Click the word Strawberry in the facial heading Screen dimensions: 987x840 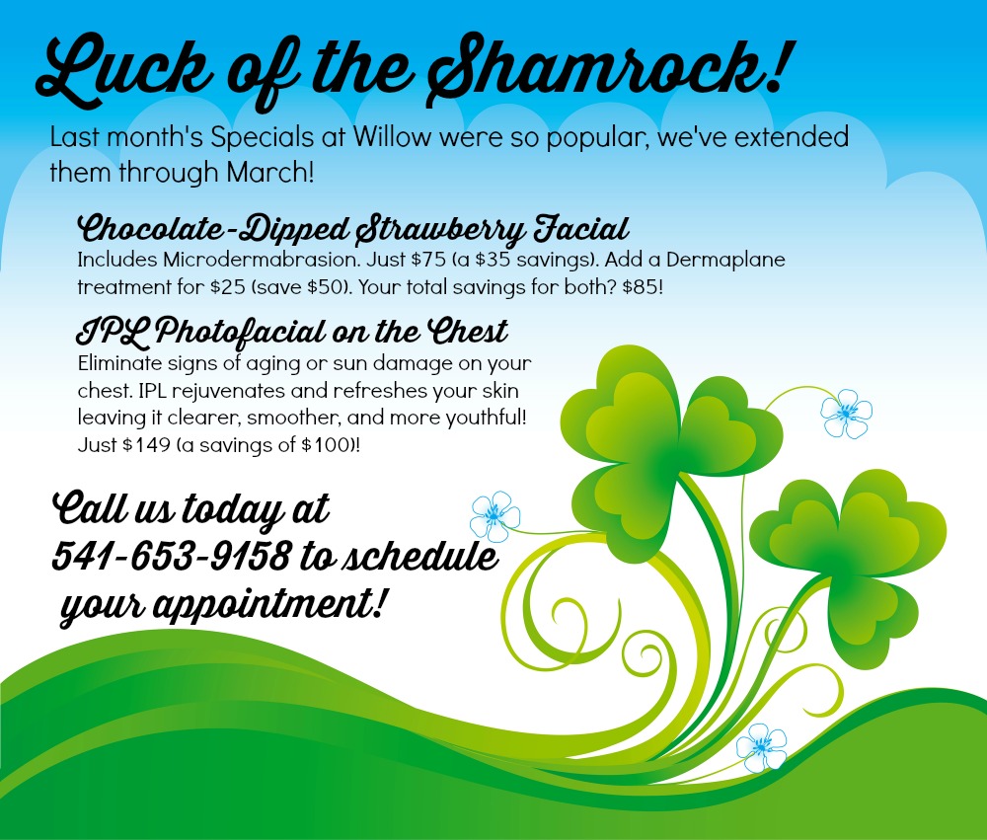439,230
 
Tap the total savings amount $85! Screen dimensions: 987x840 643,287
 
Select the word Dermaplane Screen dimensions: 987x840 725,260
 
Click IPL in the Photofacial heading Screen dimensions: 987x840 113,332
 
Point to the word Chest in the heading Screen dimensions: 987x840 468,331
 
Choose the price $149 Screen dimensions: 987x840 146,445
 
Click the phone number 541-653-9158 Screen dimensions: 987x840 172,556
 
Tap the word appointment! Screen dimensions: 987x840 268,604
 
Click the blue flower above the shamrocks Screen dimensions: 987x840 847,413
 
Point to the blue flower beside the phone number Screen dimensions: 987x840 494,517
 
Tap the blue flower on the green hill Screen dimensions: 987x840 762,747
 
